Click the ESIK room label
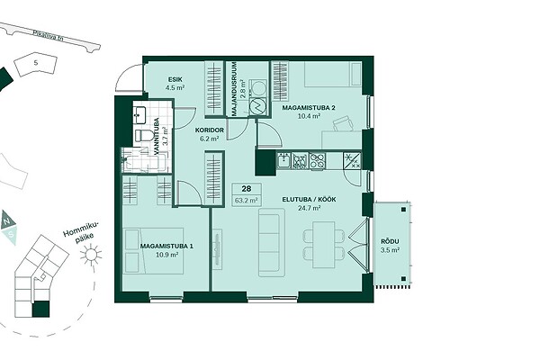(175, 80)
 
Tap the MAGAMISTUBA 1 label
(166, 247)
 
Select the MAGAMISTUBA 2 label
(309, 108)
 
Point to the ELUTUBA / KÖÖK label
(309, 200)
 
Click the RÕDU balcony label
(390, 241)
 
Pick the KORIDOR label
(210, 130)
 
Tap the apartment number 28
(247, 189)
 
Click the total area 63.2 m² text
(247, 200)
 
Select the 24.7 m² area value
(310, 208)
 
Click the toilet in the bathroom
(143, 135)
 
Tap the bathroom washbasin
(140, 115)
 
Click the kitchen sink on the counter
(284, 161)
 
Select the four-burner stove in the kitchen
(317, 161)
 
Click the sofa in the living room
(272, 242)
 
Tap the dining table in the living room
(324, 245)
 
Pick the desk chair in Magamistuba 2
(343, 124)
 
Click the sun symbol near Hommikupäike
(91, 255)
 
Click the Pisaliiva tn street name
(49, 37)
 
